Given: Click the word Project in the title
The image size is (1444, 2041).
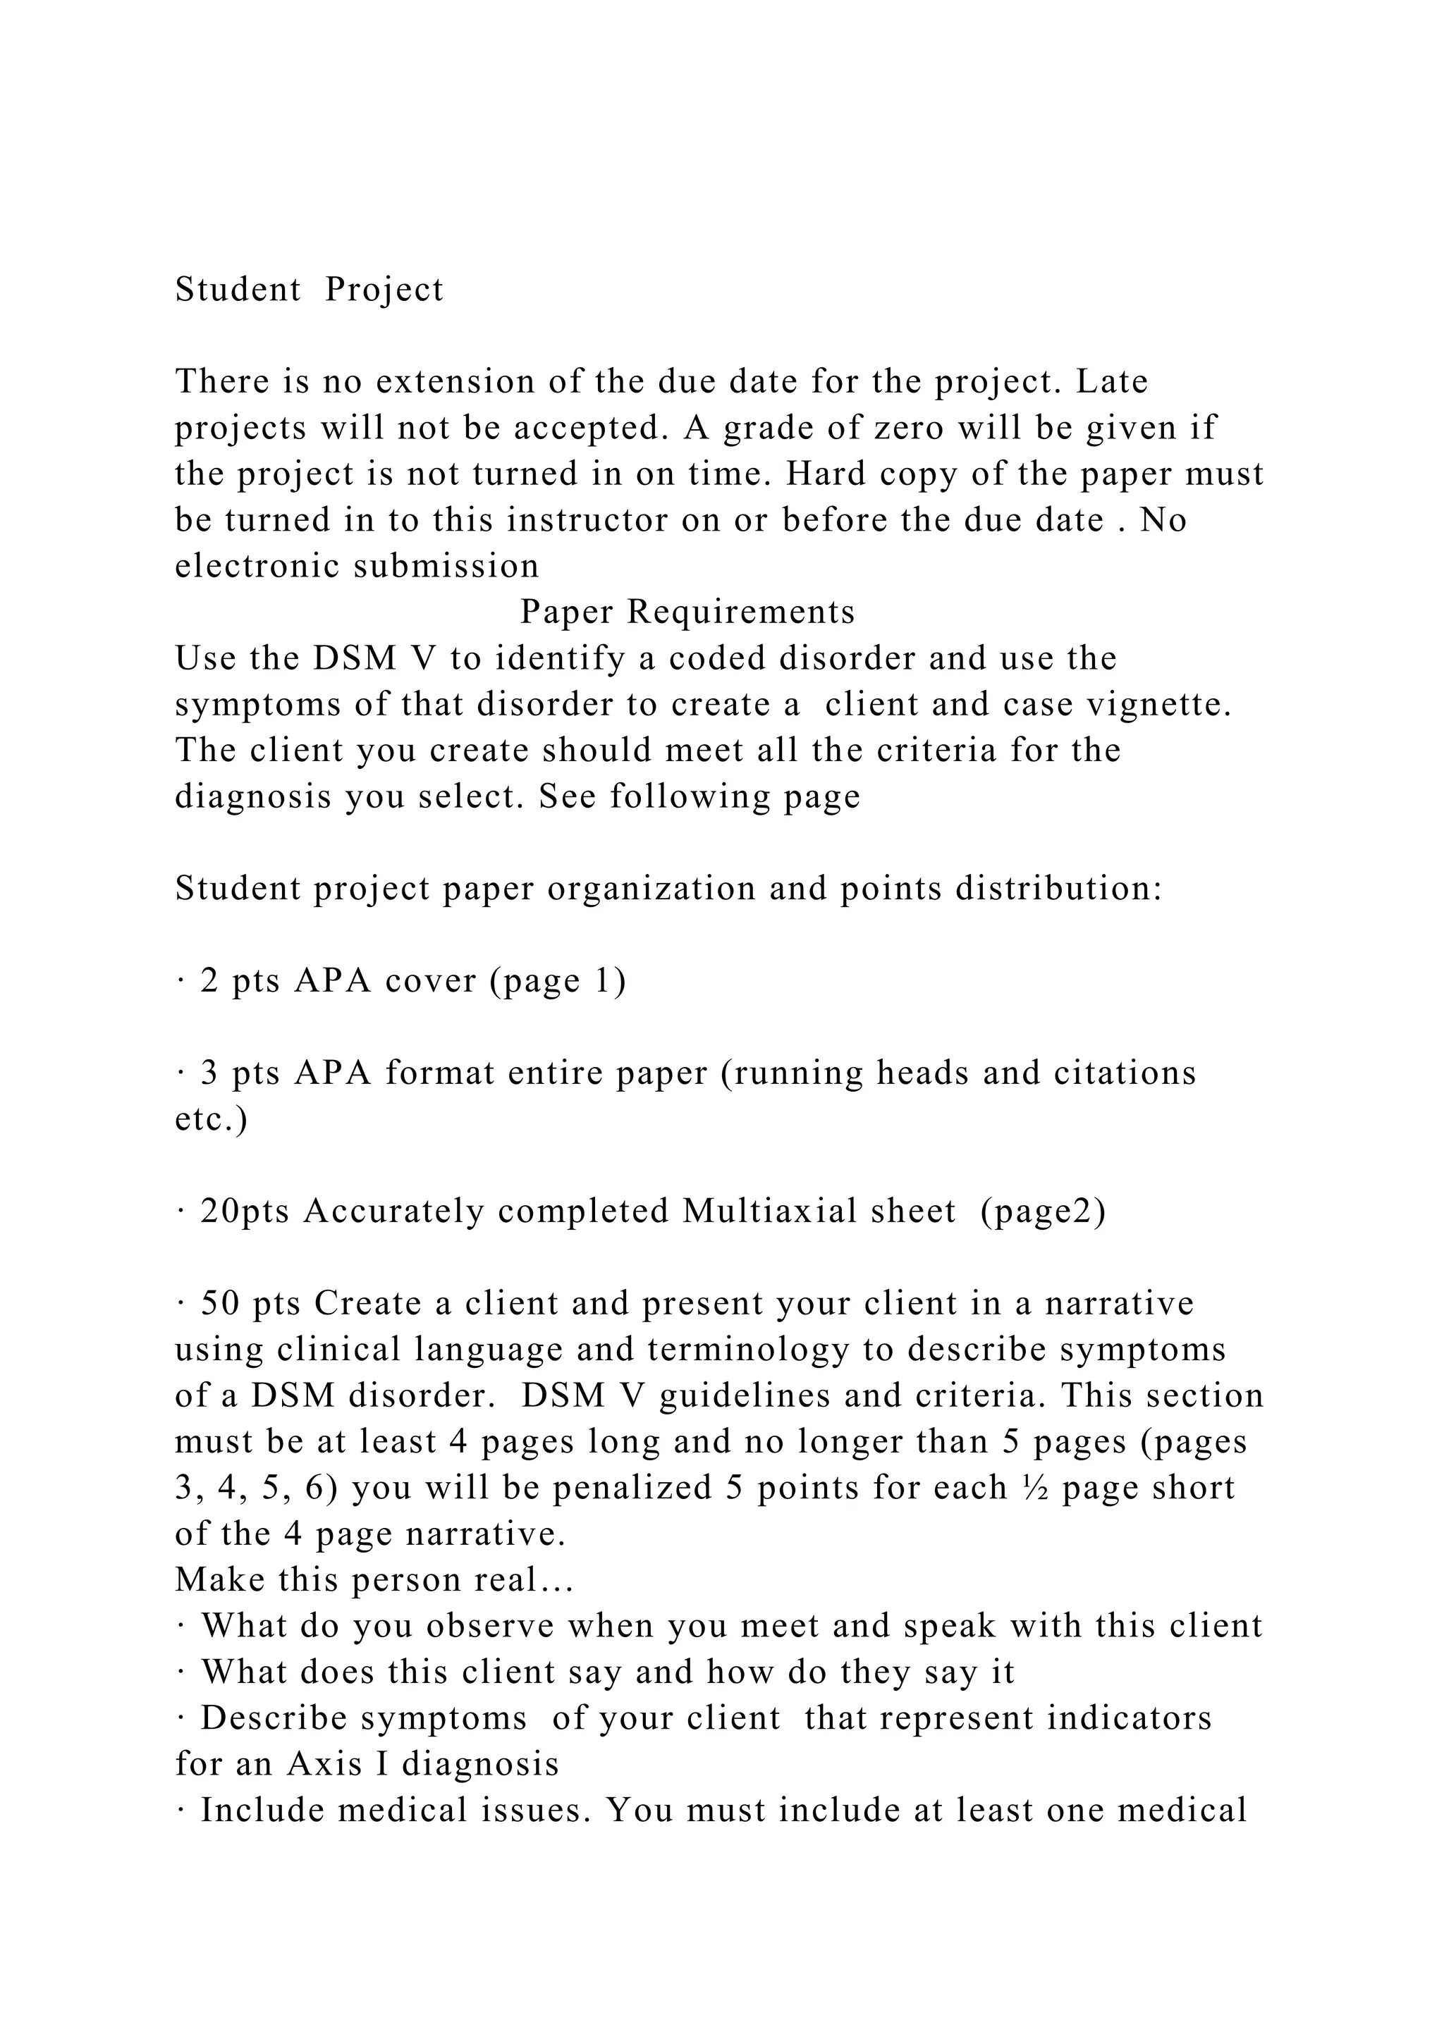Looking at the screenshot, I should click(384, 290).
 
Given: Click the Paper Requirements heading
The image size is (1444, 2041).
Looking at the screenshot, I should click(687, 612).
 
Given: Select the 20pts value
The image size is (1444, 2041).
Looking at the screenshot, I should click(245, 1211).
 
